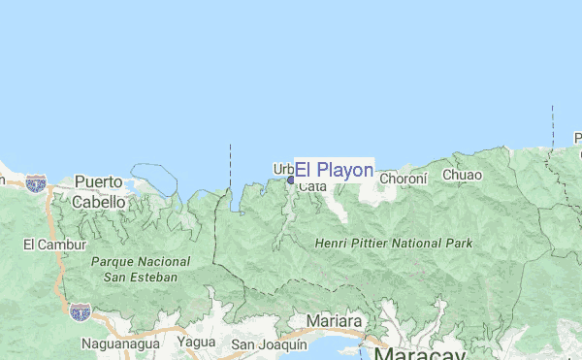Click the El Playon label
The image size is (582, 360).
coord(334,170)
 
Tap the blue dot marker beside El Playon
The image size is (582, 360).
coord(290,180)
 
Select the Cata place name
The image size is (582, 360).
coord(312,186)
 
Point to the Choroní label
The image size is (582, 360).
coord(403,178)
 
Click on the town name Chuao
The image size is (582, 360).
coord(462,175)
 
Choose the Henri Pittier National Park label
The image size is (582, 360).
coord(394,243)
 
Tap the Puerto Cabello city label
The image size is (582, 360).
coord(100,191)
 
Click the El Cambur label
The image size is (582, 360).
coord(55,245)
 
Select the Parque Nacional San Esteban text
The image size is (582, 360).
coord(134,269)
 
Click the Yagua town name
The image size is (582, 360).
coord(196,342)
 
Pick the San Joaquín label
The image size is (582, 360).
coord(269,344)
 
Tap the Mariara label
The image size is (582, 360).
coord(334,321)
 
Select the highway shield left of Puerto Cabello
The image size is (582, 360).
coord(36,181)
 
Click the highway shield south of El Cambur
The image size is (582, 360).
coord(80,311)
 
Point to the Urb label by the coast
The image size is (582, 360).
coord(282,168)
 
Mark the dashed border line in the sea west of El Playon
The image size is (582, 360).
coord(230,165)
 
